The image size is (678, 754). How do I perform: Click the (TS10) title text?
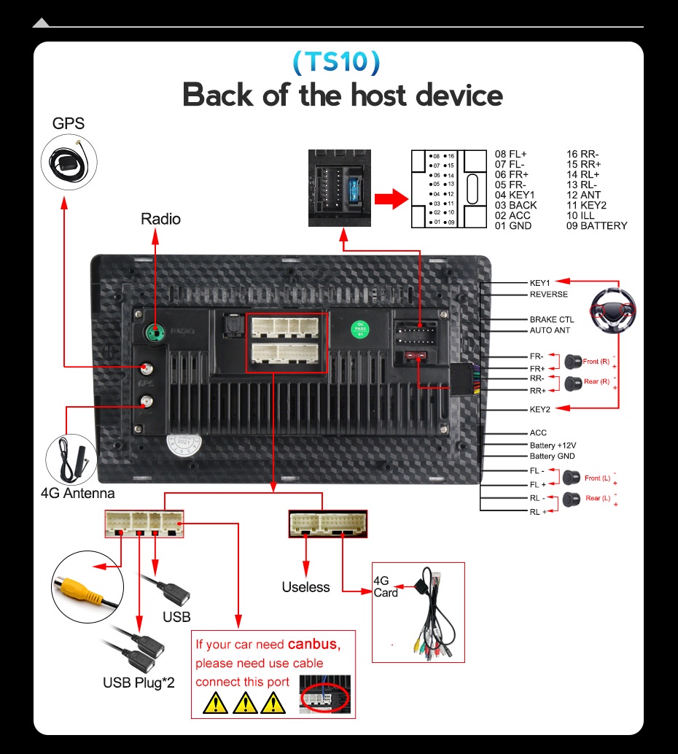pyautogui.click(x=336, y=62)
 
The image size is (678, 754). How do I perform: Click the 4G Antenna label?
pyautogui.click(x=77, y=494)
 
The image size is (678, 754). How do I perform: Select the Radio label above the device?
pyautogui.click(x=160, y=219)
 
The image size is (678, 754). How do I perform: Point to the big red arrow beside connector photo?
pyautogui.click(x=390, y=199)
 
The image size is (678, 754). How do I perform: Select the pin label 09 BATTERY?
pyautogui.click(x=596, y=226)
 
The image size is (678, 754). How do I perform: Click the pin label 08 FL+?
pyautogui.click(x=510, y=155)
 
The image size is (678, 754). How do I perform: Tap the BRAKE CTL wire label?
pyautogui.click(x=551, y=319)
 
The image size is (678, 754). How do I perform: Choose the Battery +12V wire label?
pyautogui.click(x=553, y=445)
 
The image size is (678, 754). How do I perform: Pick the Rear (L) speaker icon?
pyautogui.click(x=572, y=499)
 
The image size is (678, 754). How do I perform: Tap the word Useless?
pyautogui.click(x=305, y=587)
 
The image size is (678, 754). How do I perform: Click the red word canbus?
pyautogui.click(x=313, y=644)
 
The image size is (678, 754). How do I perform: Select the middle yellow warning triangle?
pyautogui.click(x=246, y=703)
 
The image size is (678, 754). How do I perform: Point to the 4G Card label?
pyautogui.click(x=385, y=587)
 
